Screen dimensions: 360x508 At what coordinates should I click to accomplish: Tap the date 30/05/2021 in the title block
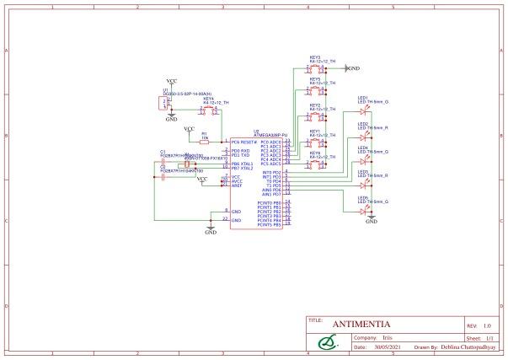(x=384, y=346)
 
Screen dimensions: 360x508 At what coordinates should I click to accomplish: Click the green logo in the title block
(x=326, y=341)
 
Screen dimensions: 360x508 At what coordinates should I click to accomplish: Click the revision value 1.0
(x=487, y=325)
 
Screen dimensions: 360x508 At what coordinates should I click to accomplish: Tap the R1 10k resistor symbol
(x=205, y=142)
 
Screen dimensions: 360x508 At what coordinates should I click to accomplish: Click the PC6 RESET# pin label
(x=243, y=142)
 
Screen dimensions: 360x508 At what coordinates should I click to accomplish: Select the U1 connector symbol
(x=161, y=103)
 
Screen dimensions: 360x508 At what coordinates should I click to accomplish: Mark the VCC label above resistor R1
(x=189, y=128)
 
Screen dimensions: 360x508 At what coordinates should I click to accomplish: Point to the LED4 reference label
(x=363, y=148)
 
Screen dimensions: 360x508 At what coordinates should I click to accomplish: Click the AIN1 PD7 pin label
(x=271, y=195)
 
